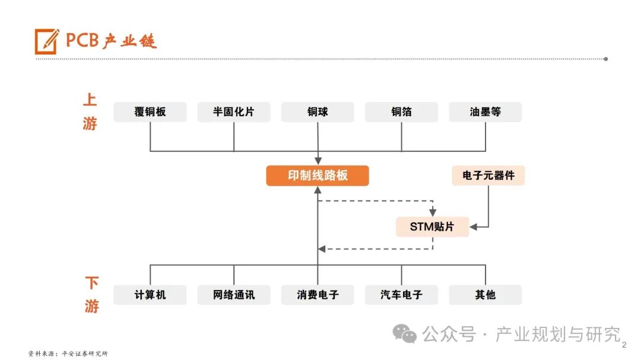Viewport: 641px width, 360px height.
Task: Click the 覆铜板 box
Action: (x=150, y=112)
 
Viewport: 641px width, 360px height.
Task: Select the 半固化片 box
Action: (x=234, y=112)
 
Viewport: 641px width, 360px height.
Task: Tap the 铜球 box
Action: (x=318, y=112)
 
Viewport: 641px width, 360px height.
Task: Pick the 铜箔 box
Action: (x=401, y=112)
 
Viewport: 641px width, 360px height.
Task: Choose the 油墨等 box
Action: (x=485, y=112)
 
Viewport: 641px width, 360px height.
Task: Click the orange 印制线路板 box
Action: (x=318, y=176)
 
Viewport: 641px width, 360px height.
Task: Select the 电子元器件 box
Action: (x=488, y=176)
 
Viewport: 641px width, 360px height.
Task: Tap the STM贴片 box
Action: (x=432, y=227)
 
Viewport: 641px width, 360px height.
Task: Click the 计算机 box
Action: (x=150, y=295)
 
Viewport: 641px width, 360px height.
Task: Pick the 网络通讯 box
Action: (x=234, y=295)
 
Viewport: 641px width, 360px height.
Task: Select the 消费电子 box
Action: (x=318, y=295)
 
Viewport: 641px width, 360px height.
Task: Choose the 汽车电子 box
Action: (x=401, y=295)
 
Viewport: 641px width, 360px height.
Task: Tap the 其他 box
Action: (x=485, y=295)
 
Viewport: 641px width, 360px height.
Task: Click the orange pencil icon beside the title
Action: (x=47, y=41)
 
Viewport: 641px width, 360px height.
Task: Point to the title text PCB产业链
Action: (x=111, y=41)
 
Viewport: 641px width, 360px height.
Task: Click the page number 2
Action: (x=624, y=345)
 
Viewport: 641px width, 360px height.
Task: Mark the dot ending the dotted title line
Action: (x=605, y=59)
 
